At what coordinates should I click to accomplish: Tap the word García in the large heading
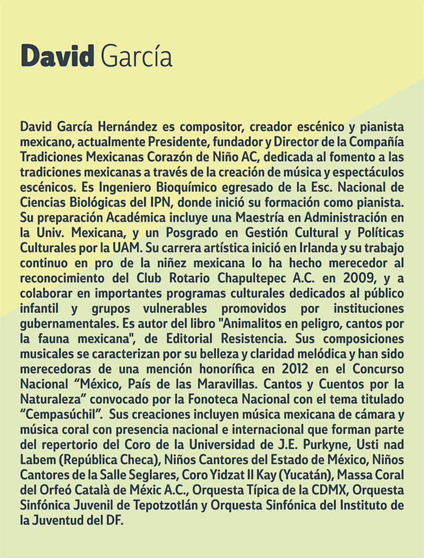point(136,56)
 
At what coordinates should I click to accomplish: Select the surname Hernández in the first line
point(137,127)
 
